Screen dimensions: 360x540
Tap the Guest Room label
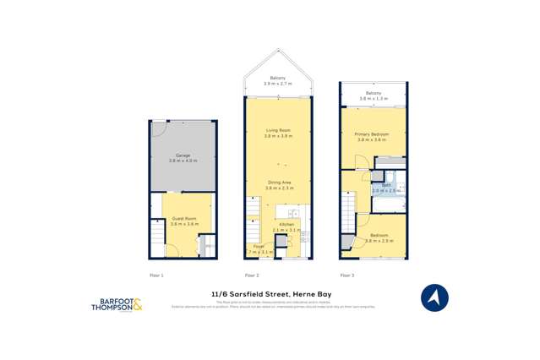coord(183,221)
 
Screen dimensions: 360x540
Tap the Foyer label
coord(259,248)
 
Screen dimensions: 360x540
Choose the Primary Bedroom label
coord(372,136)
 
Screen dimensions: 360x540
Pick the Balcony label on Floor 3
coord(373,95)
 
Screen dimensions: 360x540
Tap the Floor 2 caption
coord(252,275)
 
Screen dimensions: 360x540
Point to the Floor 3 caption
coord(347,275)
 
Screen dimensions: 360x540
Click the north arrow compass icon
coord(434,298)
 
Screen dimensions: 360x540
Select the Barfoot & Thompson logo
coord(117,305)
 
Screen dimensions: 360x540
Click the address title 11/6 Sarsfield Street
coord(270,294)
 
